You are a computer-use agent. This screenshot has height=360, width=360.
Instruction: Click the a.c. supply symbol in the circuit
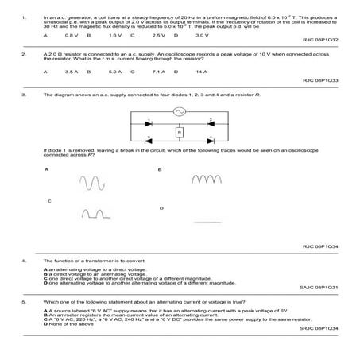click(180, 113)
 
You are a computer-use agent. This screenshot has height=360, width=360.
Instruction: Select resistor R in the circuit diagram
click(180, 131)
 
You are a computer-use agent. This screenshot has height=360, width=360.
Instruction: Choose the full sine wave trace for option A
click(90, 184)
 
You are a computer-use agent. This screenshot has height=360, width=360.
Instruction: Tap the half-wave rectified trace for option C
click(94, 213)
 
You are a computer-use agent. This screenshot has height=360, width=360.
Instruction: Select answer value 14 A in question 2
click(201, 72)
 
